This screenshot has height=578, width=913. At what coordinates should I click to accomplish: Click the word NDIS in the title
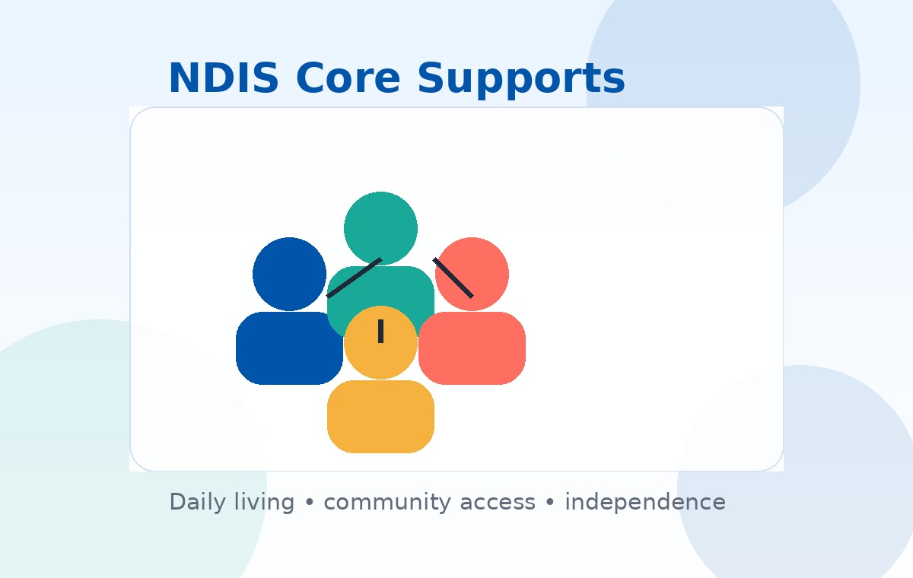(x=223, y=78)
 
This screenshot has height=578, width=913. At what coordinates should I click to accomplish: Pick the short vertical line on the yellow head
(x=380, y=332)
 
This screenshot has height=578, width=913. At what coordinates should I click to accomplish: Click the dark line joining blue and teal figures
(x=354, y=278)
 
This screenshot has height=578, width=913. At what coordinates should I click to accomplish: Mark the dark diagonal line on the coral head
(x=453, y=278)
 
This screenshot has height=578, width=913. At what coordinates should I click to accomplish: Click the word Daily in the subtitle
(x=197, y=502)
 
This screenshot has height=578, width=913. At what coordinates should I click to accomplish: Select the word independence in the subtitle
(x=644, y=502)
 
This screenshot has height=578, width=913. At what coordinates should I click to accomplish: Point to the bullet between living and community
(x=309, y=503)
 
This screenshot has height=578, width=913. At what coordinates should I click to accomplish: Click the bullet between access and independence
(x=550, y=503)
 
